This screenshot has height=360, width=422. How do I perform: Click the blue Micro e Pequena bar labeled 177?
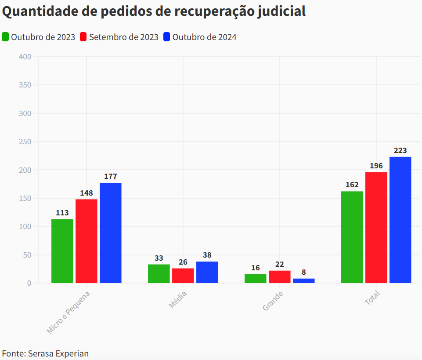coord(111,233)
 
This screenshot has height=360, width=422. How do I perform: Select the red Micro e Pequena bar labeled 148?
coord(87,241)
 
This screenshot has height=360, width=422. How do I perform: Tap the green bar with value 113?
coord(62,251)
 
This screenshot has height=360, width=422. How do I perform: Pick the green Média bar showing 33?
coord(159,274)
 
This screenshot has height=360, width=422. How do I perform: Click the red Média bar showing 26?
coord(183,276)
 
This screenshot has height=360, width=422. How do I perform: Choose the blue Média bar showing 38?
coord(207,273)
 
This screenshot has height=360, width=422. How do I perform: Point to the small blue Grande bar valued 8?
coord(304,281)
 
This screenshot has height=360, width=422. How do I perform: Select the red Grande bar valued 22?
coord(280,277)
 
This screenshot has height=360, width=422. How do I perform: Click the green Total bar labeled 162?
coord(352,237)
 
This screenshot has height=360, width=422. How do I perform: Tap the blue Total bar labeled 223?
coord(400,220)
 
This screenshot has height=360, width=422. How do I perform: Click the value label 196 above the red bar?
coord(376,166)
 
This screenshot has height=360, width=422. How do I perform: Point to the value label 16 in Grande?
coord(256,268)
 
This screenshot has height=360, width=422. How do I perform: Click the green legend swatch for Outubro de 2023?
coord(5,37)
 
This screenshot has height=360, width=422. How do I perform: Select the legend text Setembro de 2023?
coord(123,37)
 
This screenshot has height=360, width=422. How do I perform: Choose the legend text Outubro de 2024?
coord(204,37)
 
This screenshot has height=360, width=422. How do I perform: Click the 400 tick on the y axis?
coord(25,57)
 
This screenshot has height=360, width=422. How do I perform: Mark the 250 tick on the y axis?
coord(25,142)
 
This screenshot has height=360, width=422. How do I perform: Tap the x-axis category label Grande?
coord(273,301)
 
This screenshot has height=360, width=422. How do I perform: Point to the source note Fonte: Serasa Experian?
coord(45,353)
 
